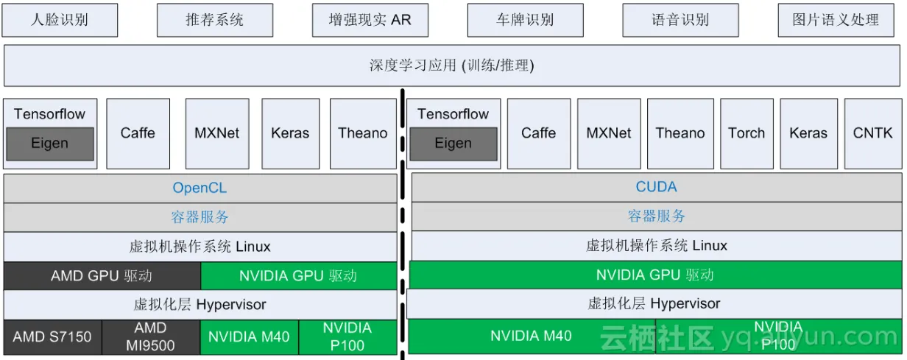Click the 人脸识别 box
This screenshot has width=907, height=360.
60,20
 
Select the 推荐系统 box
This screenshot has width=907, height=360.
215,20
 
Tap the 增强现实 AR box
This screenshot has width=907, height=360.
370,20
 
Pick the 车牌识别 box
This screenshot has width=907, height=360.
525,20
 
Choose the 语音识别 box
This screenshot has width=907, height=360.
680,20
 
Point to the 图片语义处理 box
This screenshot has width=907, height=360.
836,20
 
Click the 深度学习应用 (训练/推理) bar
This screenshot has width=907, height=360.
452,66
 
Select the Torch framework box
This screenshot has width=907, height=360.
747,133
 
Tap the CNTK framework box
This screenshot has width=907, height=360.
872,133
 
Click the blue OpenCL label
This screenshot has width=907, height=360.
200,188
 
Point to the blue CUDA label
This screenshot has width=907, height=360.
656,187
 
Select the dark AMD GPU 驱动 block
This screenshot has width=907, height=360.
102,276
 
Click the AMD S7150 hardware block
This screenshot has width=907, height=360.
52,337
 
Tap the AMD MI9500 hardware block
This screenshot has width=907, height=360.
150,337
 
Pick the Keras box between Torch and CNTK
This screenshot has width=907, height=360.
808,133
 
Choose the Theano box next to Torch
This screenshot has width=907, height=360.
680,133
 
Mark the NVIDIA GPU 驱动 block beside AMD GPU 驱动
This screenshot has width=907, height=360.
298,276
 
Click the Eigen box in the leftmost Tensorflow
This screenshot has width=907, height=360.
50,144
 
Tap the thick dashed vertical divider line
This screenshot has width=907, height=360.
403,221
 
